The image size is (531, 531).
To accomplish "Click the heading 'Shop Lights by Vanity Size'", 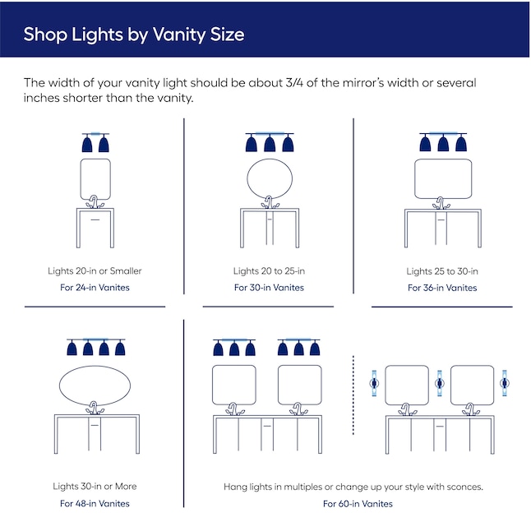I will (x=134, y=35).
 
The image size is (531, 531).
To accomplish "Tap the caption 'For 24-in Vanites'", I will (x=95, y=288).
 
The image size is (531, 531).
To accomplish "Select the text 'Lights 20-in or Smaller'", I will (x=95, y=271).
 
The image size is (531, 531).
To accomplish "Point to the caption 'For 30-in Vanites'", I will (x=269, y=288).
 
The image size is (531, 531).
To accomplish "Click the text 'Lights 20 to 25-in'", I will (x=269, y=271).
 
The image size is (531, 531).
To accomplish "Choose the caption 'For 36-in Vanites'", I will (x=442, y=288).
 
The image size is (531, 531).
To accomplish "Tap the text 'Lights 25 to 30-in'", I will (x=442, y=271).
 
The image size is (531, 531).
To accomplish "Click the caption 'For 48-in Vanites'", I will (x=95, y=503).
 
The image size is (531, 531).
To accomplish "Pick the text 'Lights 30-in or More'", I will (x=95, y=487).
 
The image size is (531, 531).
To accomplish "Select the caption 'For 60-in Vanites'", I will (x=358, y=503).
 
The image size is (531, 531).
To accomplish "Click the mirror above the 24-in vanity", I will (x=95, y=178).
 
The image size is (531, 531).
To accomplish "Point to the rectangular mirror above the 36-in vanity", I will (x=443, y=178).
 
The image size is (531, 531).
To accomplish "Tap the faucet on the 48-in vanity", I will (x=95, y=408).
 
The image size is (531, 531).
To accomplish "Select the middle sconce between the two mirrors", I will (x=439, y=383).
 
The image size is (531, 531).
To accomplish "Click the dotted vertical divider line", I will (x=353, y=395).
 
